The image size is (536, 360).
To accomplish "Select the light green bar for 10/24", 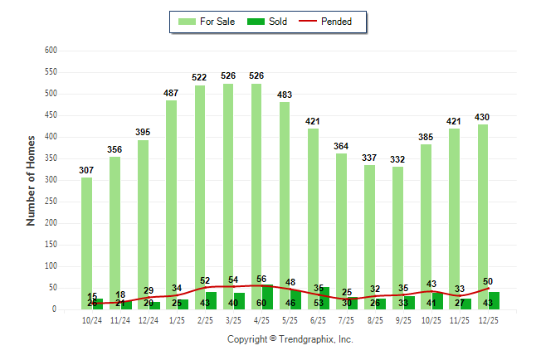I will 86,241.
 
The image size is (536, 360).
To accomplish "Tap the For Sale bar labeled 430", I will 482,216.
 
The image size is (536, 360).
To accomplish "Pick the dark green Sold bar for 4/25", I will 267,297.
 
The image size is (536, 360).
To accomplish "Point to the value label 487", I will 172,93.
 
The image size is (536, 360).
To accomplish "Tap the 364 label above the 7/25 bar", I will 341,146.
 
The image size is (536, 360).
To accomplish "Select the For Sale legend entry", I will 208,22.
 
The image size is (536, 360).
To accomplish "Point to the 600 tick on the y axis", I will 50,51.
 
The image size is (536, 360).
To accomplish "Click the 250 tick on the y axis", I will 50,202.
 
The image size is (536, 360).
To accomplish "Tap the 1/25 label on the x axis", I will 178,319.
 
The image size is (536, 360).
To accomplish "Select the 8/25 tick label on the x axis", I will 375,319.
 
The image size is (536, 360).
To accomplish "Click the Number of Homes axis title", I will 31,180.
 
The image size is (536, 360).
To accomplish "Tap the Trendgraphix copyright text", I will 290,339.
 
